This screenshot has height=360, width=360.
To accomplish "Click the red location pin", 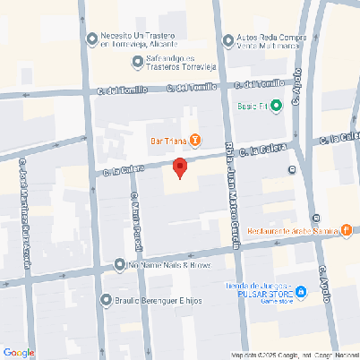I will coord(179,167).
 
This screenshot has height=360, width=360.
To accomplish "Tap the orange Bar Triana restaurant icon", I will coord(195,139).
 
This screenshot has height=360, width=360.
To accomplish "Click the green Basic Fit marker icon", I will coord(277,106).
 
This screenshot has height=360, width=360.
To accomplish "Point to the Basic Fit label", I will coord(252,106).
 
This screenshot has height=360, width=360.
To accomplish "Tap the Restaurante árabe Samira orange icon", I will coord(346,230).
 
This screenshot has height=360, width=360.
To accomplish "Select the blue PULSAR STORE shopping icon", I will coord(302,291).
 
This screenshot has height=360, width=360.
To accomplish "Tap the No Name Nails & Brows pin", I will coord(120,265).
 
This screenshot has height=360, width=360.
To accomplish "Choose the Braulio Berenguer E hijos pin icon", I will coord(107,300).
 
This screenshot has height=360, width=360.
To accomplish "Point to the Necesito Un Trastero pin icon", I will coord(91,38).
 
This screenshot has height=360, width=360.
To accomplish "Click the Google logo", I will coord(18,353).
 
